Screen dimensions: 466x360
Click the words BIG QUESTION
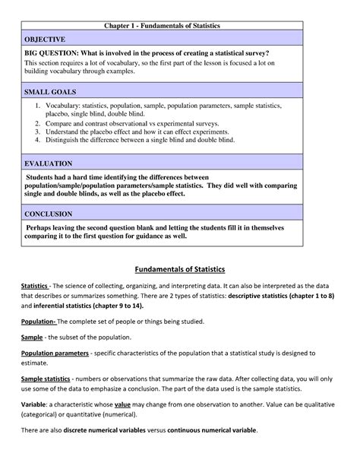56,53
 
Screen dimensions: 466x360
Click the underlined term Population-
39,322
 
